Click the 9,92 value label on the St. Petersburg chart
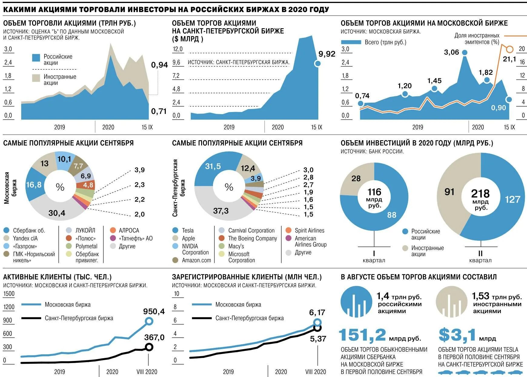click(327, 54)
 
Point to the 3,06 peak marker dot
click(464, 53)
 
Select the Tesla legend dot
click(175, 230)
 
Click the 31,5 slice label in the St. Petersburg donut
click(213, 166)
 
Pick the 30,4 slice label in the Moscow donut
click(57, 213)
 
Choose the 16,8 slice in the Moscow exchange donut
click(33, 185)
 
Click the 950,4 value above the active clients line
click(154, 311)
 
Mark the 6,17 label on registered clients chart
click(317, 312)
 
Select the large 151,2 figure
click(362, 335)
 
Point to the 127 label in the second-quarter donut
click(512, 199)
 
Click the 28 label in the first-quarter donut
click(356, 178)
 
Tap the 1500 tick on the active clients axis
click(9, 294)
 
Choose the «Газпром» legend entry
click(25, 246)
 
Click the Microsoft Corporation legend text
click(241, 257)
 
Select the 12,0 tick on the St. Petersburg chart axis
click(177, 49)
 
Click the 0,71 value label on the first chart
click(159, 111)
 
